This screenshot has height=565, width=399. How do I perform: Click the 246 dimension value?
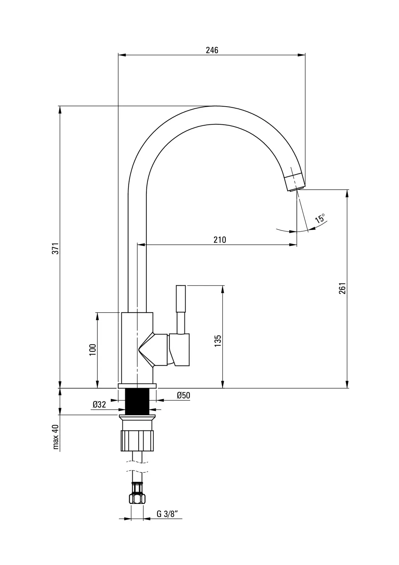(x=212, y=50)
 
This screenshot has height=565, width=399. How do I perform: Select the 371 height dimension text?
(x=55, y=248)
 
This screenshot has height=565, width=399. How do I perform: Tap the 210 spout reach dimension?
(x=220, y=239)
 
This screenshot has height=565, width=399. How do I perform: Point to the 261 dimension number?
(x=342, y=288)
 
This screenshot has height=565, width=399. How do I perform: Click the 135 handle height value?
(x=218, y=340)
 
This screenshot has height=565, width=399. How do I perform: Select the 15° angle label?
(x=320, y=218)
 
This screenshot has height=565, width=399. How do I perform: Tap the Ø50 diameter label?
(x=183, y=395)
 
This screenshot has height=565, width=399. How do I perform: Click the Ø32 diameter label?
(x=99, y=405)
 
